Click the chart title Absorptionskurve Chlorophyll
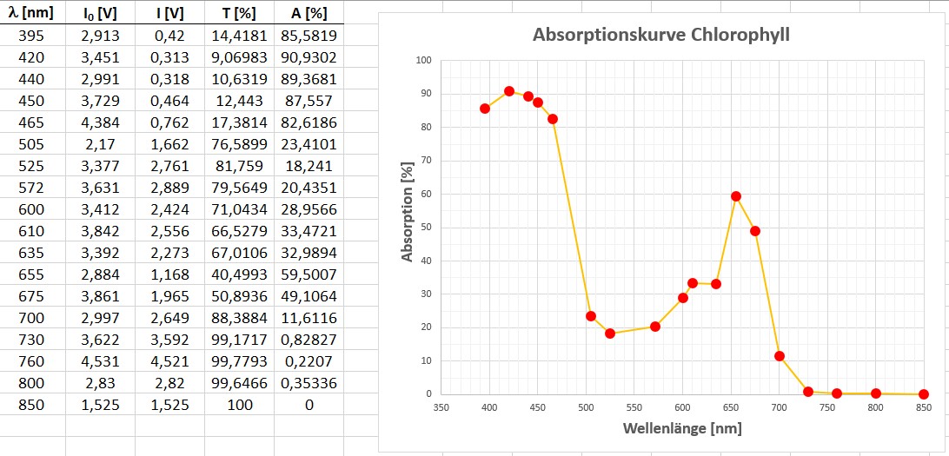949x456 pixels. tap(661, 36)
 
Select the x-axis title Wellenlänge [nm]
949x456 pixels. tap(682, 428)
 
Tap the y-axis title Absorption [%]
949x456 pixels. tap(408, 213)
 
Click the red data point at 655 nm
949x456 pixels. tap(736, 196)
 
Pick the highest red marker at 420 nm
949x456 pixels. tap(509, 91)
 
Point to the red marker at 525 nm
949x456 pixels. tap(610, 334)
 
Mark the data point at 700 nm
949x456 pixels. tap(780, 356)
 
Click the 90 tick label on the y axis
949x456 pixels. tap(424, 94)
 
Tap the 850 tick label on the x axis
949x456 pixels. tap(923, 407)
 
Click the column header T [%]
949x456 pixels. tap(239, 13)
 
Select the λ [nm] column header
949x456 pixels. tap(32, 13)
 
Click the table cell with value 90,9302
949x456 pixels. tap(309, 57)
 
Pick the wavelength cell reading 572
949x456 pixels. tap(32, 188)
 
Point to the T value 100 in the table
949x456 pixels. tap(239, 405)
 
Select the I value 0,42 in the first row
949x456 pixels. tap(169, 36)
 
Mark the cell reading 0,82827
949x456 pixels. tap(309, 340)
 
